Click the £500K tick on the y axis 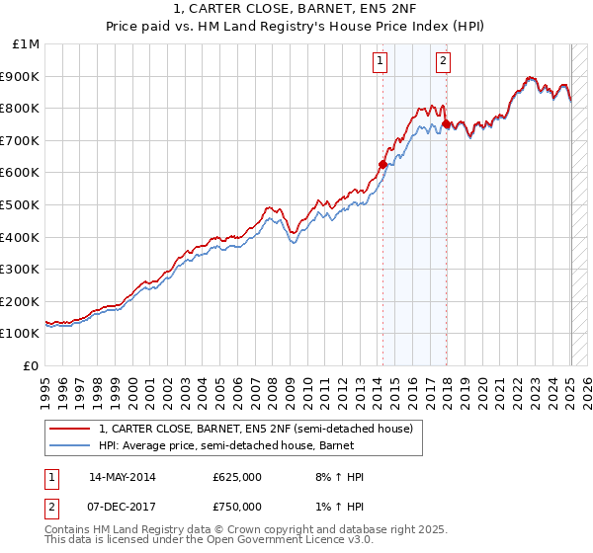(23, 204)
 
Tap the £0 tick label (32, 365)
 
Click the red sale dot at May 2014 (382, 164)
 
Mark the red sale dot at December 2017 (446, 123)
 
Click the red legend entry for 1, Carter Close (261, 429)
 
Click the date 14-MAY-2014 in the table (123, 477)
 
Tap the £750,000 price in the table (237, 507)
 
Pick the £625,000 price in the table (237, 477)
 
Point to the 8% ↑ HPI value (339, 477)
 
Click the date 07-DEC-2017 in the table (123, 507)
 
